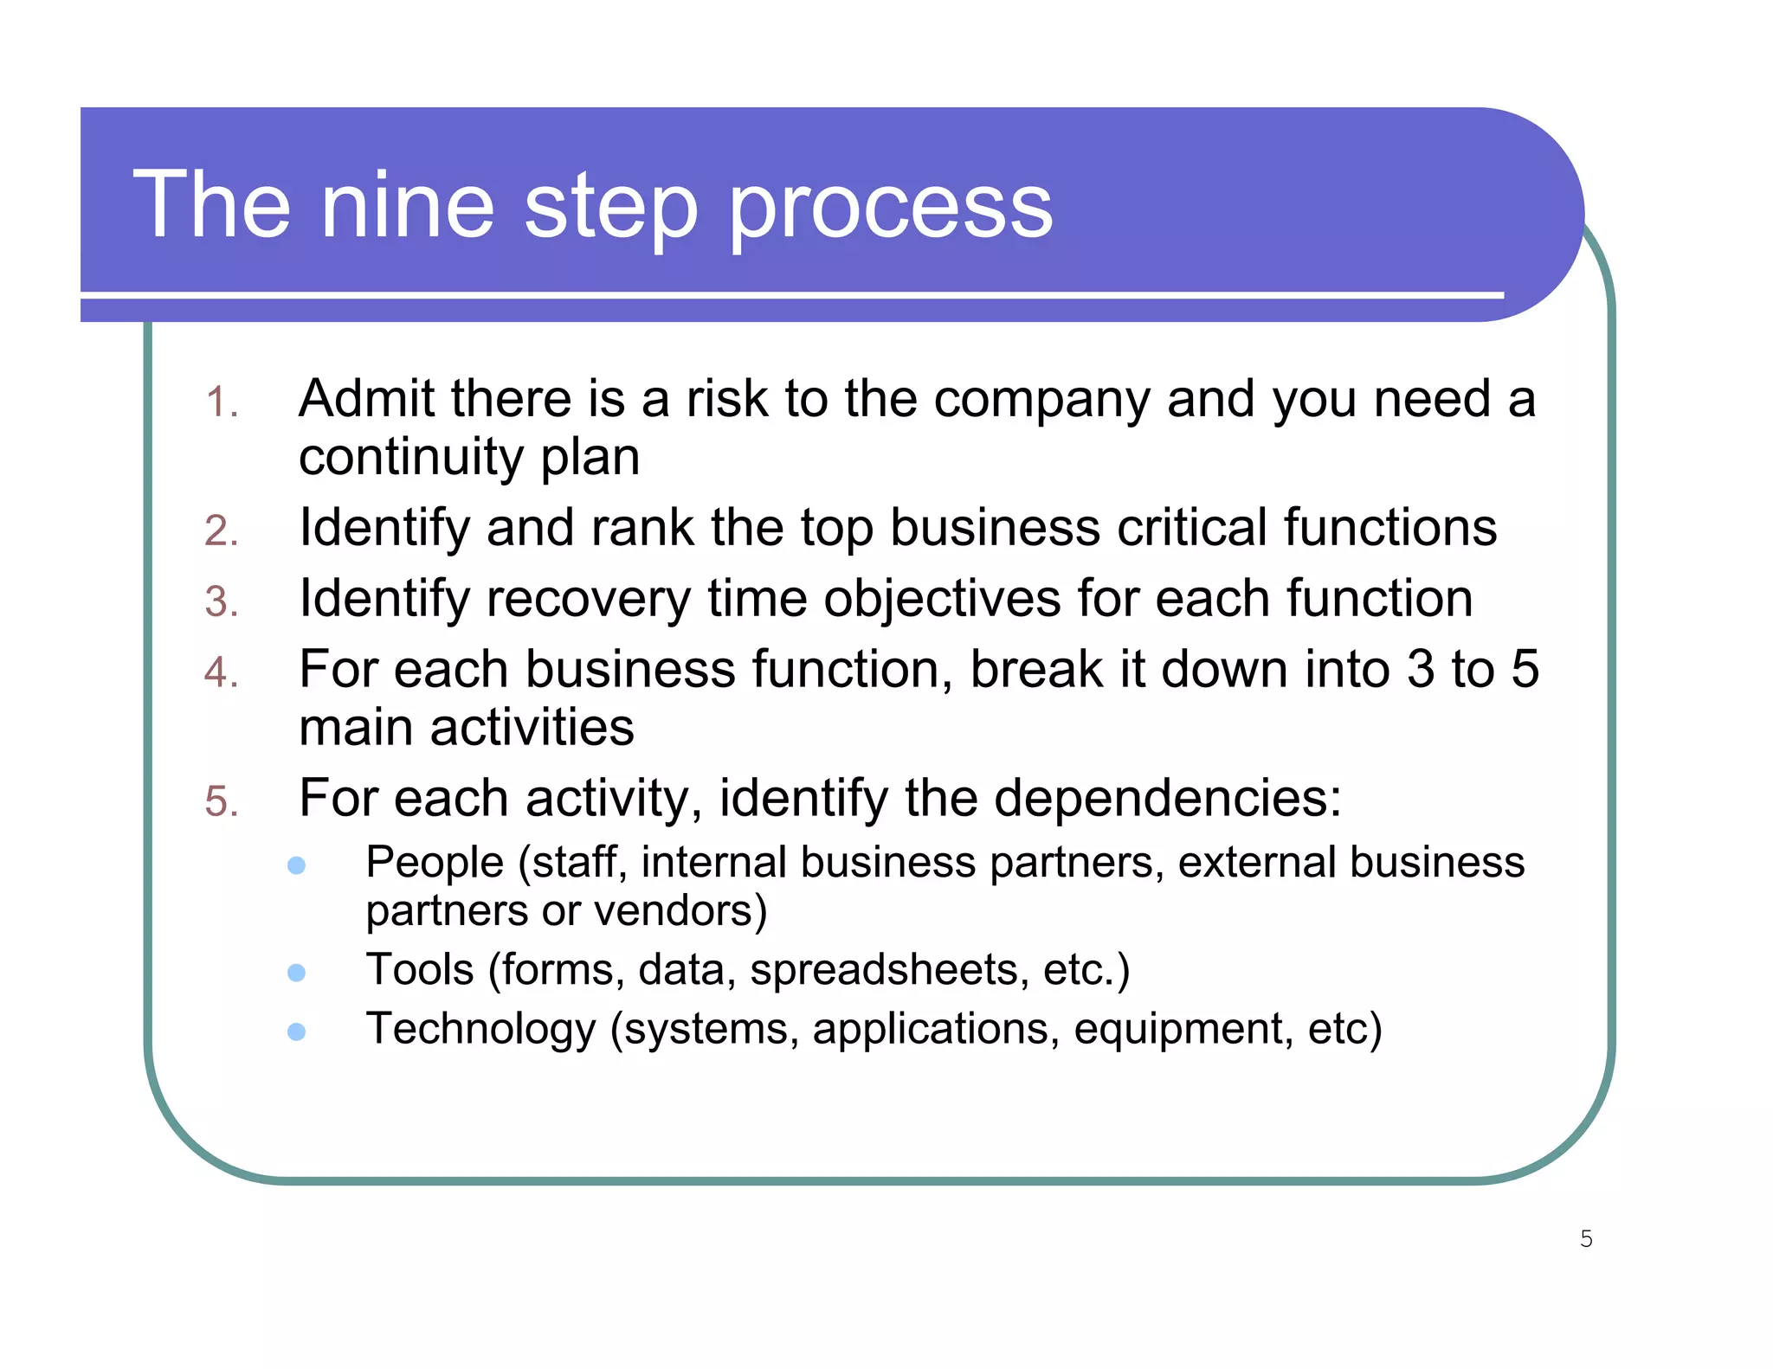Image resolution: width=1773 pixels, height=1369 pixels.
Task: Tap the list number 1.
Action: [x=222, y=403]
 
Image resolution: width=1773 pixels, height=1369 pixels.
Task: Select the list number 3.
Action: [x=222, y=601]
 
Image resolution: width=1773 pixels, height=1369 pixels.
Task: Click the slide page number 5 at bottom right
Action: [x=1586, y=1238]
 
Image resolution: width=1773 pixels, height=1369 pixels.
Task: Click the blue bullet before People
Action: [x=296, y=865]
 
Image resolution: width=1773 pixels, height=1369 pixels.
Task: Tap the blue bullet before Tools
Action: [x=296, y=972]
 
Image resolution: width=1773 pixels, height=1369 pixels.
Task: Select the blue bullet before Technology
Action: [x=296, y=1031]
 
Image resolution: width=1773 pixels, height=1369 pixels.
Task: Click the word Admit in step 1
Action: [x=364, y=399]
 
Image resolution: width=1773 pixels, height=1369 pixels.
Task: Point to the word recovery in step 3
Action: [x=588, y=600]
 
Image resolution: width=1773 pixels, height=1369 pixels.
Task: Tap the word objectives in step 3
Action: [x=942, y=600]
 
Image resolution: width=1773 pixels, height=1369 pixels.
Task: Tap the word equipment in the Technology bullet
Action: [x=1183, y=1030]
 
